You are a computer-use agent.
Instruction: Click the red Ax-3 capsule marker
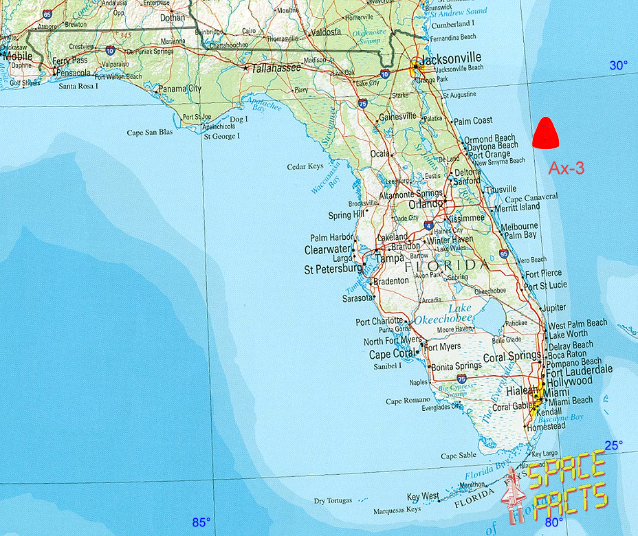pyautogui.click(x=545, y=133)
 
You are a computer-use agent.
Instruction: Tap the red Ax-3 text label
pyautogui.click(x=566, y=168)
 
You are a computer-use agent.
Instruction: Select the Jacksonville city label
pyautogui.click(x=450, y=58)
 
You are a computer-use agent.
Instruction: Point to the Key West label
pyautogui.click(x=423, y=497)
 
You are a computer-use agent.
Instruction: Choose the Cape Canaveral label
pyautogui.click(x=533, y=197)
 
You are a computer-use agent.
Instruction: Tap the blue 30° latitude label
pyautogui.click(x=618, y=66)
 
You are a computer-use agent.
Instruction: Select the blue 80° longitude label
pyautogui.click(x=554, y=522)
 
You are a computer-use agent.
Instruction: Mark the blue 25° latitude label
pyautogui.click(x=613, y=445)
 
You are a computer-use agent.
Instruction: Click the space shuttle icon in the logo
pyautogui.click(x=511, y=495)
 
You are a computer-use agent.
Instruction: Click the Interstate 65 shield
pyautogui.click(x=47, y=14)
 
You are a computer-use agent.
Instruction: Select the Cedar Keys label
pyautogui.click(x=305, y=167)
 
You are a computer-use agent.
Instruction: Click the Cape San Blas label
pyautogui.click(x=150, y=133)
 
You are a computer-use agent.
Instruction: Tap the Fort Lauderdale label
pyautogui.click(x=579, y=369)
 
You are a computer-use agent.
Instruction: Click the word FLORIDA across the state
pyautogui.click(x=447, y=265)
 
